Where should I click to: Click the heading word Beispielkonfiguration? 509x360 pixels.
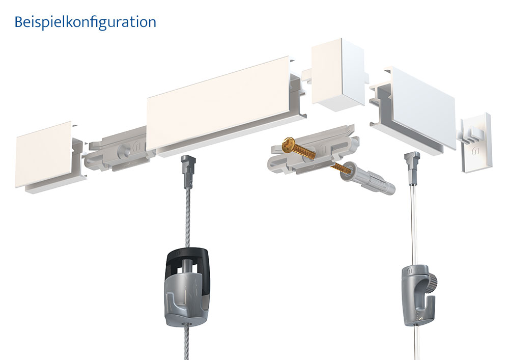(x=86, y=22)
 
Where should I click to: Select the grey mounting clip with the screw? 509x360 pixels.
(x=312, y=151)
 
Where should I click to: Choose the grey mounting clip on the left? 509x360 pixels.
(x=118, y=148)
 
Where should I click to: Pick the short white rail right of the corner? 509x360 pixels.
(x=414, y=110)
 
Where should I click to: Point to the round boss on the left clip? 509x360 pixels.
(x=125, y=150)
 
